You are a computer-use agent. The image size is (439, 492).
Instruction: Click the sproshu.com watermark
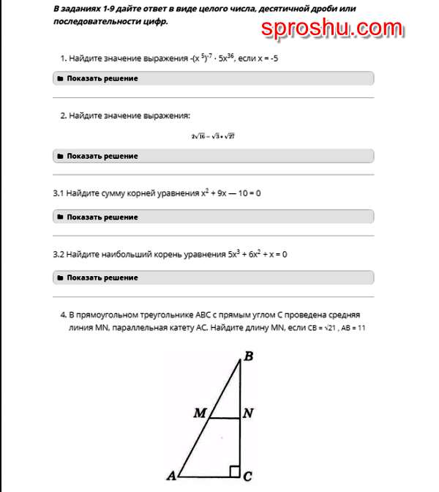pyautogui.click(x=331, y=29)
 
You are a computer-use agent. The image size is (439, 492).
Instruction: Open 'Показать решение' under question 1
pyautogui.click(x=102, y=78)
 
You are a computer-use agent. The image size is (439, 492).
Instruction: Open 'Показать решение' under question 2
pyautogui.click(x=102, y=156)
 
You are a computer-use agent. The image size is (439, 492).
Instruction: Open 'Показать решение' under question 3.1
pyautogui.click(x=102, y=217)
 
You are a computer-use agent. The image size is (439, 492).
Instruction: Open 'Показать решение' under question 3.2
pyautogui.click(x=102, y=278)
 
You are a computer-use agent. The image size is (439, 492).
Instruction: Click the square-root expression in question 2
pyautogui.click(x=213, y=136)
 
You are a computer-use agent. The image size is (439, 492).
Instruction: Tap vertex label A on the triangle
pyautogui.click(x=171, y=476)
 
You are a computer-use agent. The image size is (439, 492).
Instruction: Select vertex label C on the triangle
pyautogui.click(x=248, y=477)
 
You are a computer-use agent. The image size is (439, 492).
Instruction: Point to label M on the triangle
pyautogui.click(x=200, y=414)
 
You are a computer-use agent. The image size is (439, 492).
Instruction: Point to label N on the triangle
pyautogui.click(x=248, y=414)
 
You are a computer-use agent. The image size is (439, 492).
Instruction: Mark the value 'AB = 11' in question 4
pyautogui.click(x=353, y=328)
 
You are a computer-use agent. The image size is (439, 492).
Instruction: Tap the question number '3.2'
pyautogui.click(x=58, y=255)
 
